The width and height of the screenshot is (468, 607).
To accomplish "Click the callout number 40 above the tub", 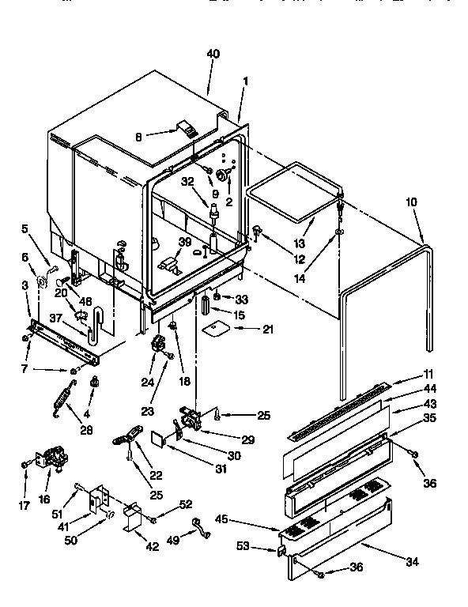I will pos(213,54).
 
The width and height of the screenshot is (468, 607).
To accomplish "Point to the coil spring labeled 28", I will pos(59,398).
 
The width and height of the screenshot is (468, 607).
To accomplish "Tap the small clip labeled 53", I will pos(281,550).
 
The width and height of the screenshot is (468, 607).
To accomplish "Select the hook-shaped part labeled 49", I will pos(201,529).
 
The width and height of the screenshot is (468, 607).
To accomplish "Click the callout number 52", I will pos(186,504).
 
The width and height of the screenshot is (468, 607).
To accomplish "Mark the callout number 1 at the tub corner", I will pos(246,81).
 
